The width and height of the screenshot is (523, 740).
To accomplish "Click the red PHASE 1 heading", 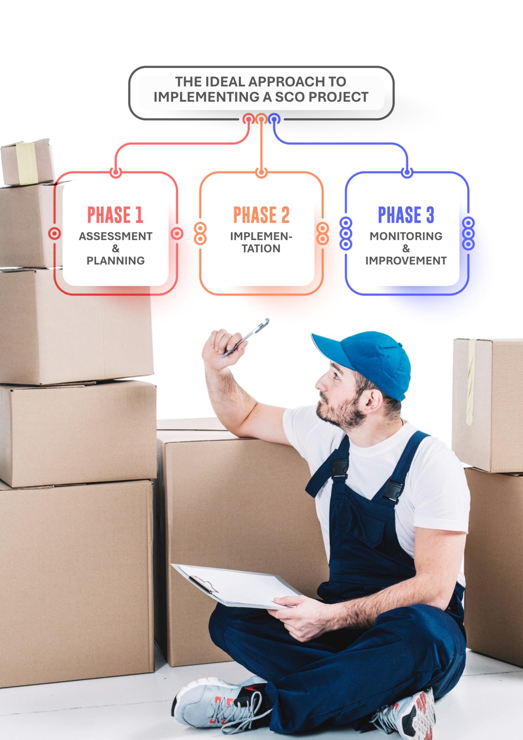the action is (x=115, y=215).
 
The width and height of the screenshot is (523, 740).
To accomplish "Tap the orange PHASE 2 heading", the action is (x=261, y=215).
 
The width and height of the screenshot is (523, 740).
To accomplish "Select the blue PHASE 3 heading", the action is (x=406, y=215).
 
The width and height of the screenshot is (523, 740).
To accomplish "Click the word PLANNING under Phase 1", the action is (x=116, y=260).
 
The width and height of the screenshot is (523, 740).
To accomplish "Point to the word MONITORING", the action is (x=406, y=236).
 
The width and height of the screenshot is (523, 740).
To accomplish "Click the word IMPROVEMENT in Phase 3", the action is (x=406, y=260).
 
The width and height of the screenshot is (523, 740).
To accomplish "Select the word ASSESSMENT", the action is (x=116, y=236).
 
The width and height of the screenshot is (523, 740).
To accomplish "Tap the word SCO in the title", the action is (x=290, y=97).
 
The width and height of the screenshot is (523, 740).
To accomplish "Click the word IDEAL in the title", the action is (x=224, y=82).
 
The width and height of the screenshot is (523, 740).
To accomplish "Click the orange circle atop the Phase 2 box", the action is (x=261, y=173).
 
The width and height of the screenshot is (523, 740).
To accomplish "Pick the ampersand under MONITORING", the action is (x=406, y=248).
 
